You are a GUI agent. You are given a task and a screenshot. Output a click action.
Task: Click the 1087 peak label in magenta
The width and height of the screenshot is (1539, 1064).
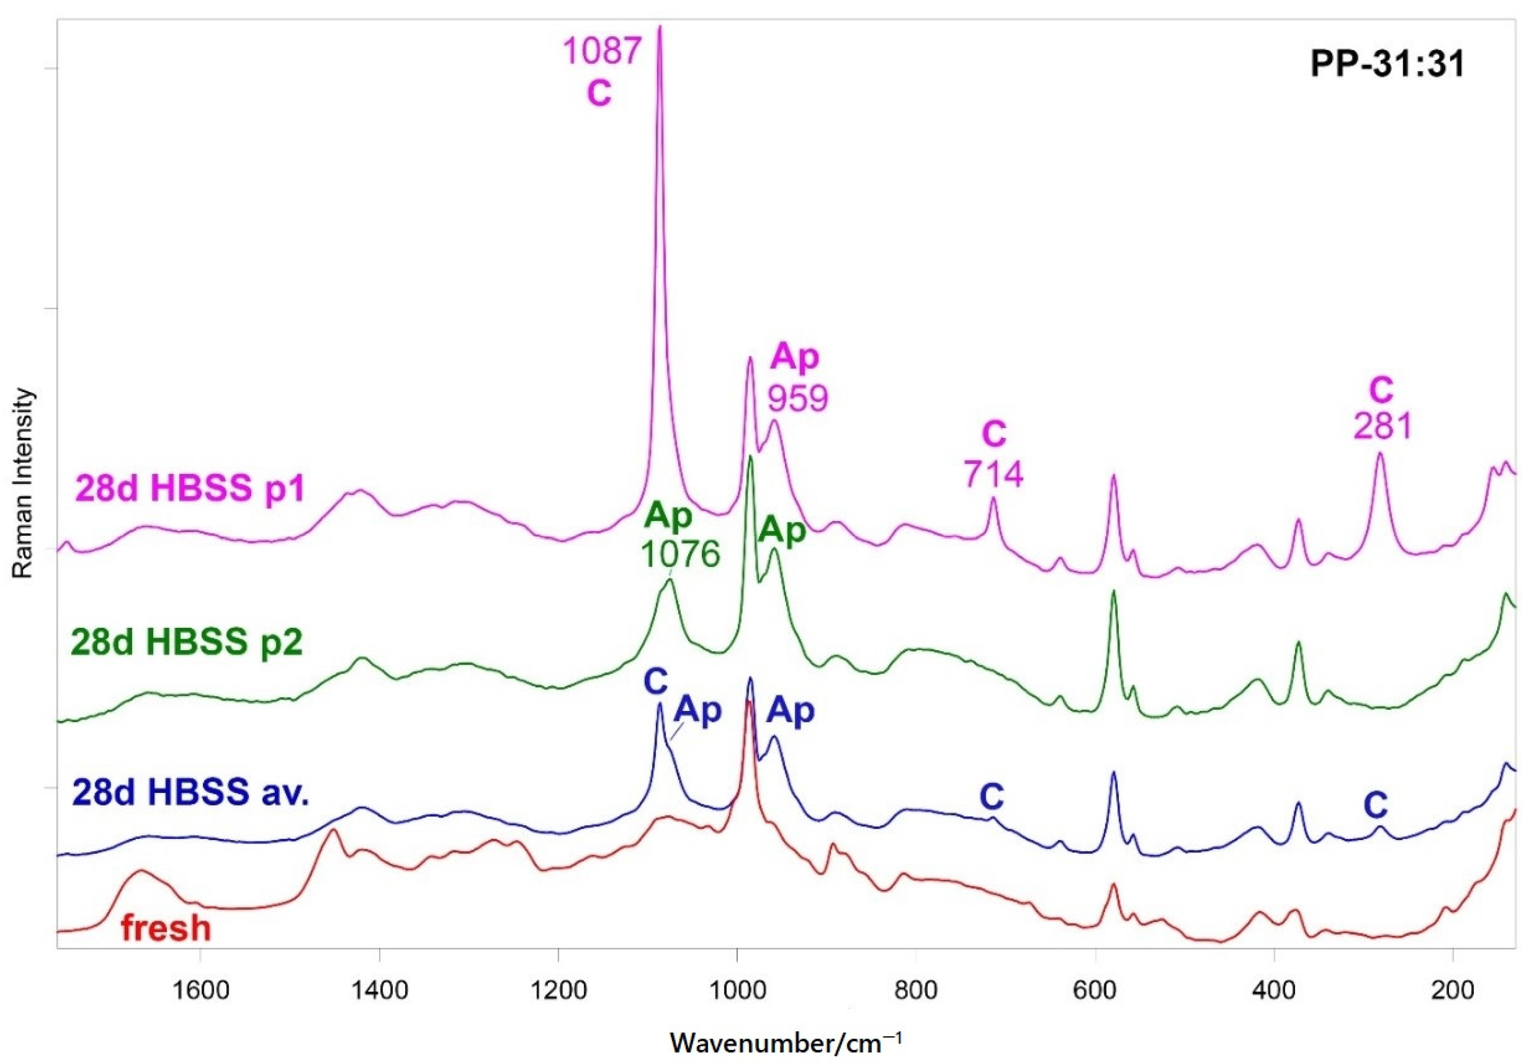coord(602,51)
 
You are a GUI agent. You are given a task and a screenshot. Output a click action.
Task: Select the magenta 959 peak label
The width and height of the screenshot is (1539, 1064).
coord(798,398)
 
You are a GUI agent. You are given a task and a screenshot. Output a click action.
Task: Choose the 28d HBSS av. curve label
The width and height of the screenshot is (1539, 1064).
coord(191,793)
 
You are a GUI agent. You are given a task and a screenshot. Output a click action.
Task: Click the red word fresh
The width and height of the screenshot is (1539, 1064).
coord(166,928)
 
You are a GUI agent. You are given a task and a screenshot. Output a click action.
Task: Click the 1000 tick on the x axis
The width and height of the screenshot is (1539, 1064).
coord(737,990)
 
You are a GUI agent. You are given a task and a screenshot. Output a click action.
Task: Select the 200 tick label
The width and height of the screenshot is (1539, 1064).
coord(1453,990)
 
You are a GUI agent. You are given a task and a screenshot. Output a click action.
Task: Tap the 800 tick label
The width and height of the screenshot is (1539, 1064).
coord(916,990)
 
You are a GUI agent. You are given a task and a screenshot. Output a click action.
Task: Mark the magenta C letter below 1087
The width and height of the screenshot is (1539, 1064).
coord(599,93)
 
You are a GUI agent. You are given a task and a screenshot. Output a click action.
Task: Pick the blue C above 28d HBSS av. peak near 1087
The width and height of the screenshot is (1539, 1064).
coord(655,681)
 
